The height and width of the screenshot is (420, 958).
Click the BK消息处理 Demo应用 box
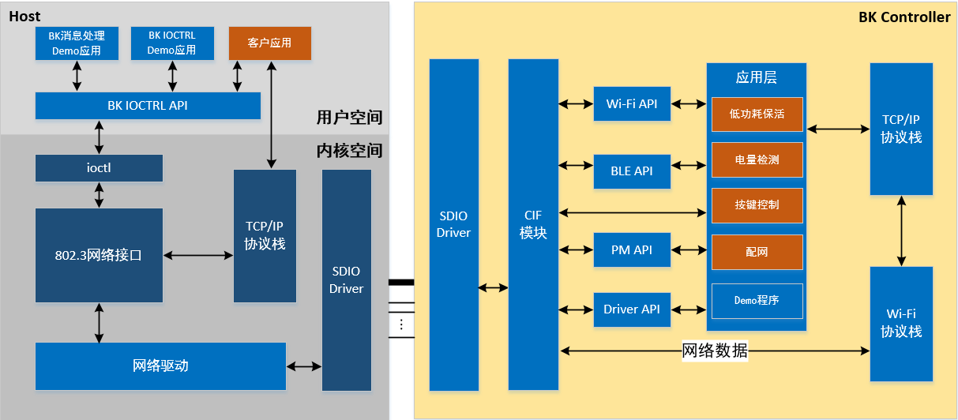pyautogui.click(x=77, y=43)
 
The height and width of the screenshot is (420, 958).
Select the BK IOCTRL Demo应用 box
pyautogui.click(x=171, y=43)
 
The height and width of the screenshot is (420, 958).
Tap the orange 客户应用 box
pyautogui.click(x=269, y=43)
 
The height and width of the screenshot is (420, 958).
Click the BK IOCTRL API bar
pyautogui.click(x=148, y=106)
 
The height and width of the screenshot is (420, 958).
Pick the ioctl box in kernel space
pyautogui.click(x=99, y=168)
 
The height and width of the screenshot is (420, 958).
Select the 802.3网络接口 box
pyautogui.click(x=99, y=255)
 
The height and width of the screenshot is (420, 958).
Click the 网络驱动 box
pyautogui.click(x=160, y=366)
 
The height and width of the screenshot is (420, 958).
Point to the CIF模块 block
pyautogui.click(x=533, y=225)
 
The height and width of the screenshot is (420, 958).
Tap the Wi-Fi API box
pyautogui.click(x=632, y=104)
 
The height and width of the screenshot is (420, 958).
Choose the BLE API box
pyautogui.click(x=632, y=171)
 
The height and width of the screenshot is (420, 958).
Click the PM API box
pyautogui.click(x=632, y=250)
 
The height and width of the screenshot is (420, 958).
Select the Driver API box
pyautogui.click(x=632, y=309)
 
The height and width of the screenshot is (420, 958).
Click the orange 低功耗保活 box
pyautogui.click(x=757, y=114)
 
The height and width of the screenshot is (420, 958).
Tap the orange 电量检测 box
pyautogui.click(x=757, y=159)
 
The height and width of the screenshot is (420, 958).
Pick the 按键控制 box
pyautogui.click(x=757, y=205)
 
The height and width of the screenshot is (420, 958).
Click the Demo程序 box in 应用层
pyautogui.click(x=757, y=300)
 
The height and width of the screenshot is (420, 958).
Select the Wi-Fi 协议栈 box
pyautogui.click(x=901, y=324)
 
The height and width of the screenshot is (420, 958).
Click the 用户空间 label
pyautogui.click(x=349, y=118)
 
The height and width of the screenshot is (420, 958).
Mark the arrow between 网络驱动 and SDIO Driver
pyautogui.click(x=304, y=366)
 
